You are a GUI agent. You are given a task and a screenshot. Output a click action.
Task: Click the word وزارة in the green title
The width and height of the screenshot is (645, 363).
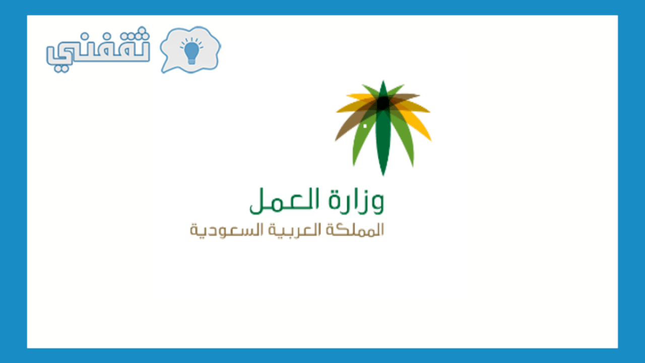tap(356, 201)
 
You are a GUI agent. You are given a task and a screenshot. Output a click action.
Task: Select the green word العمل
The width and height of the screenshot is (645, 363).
tap(284, 201)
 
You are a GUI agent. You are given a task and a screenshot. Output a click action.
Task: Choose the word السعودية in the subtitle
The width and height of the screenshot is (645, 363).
tap(227, 230)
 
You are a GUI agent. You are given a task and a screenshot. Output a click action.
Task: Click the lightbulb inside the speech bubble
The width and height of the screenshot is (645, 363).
tap(191, 51)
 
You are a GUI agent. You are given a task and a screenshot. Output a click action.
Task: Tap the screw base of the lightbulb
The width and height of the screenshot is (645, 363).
tap(191, 61)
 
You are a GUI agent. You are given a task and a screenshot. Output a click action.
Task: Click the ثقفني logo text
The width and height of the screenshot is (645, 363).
tap(98, 49)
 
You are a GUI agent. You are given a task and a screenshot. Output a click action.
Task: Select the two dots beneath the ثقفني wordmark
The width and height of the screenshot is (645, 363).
tap(61, 69)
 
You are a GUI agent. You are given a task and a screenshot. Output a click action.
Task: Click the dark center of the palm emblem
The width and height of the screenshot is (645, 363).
tap(383, 103)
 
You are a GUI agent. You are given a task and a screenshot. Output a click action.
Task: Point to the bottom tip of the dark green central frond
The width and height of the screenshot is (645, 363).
tap(383, 175)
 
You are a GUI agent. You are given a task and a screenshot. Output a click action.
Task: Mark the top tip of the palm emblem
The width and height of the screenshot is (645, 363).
tap(383, 81)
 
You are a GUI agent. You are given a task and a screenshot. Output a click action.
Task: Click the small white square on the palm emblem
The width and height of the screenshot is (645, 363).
tap(365, 126)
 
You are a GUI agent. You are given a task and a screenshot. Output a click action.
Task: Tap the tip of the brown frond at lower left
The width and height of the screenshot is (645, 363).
tap(335, 141)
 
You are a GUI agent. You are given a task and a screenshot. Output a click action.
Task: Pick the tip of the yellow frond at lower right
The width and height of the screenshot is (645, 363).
tap(431, 141)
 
